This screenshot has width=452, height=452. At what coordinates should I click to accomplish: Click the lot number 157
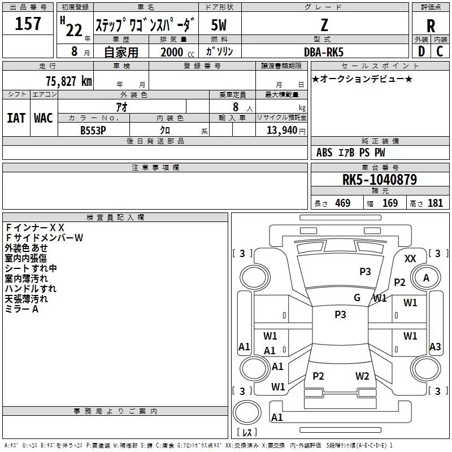[28, 23]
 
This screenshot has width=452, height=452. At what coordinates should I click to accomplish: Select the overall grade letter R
[431, 26]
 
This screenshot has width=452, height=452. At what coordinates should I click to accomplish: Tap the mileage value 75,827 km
[69, 81]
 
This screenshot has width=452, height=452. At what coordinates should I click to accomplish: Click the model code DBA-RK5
[324, 52]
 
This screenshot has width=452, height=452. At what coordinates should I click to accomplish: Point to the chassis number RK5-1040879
[380, 179]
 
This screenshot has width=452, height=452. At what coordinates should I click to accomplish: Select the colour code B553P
[93, 131]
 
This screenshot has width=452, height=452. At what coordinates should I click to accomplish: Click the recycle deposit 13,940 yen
[286, 131]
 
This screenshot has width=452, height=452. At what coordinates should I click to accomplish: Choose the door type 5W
[219, 25]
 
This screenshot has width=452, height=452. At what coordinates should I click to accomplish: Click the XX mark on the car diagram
[410, 259]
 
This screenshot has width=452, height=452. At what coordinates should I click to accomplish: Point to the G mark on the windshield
[357, 298]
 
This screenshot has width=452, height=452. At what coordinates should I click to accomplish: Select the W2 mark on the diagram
[362, 376]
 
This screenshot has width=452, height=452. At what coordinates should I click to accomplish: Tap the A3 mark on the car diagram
[435, 346]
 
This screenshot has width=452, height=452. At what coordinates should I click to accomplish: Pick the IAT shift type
[16, 118]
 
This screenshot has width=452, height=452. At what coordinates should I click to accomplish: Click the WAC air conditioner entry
[44, 118]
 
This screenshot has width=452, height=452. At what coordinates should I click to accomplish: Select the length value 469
[343, 203]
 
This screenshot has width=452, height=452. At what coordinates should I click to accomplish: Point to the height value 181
[435, 203]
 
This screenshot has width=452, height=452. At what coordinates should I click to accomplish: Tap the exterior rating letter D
[421, 51]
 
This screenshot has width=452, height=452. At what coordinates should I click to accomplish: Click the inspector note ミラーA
[21, 309]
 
